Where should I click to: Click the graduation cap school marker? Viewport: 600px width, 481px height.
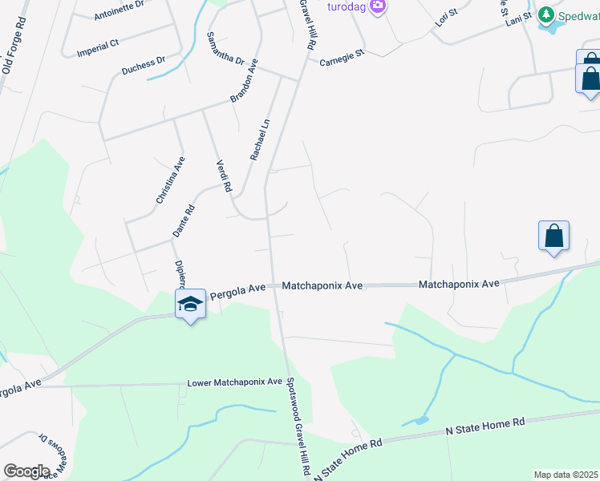pyautogui.click(x=191, y=305)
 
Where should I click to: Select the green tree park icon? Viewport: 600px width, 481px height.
pyautogui.click(x=546, y=14)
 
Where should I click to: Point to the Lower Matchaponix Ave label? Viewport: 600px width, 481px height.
pyautogui.click(x=235, y=382)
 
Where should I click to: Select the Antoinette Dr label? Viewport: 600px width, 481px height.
pyautogui.click(x=119, y=10)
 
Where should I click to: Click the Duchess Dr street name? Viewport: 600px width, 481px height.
pyautogui.click(x=144, y=64)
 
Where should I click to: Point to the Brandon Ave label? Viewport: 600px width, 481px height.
pyautogui.click(x=244, y=79)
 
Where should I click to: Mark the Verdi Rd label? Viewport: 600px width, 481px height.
pyautogui.click(x=224, y=176)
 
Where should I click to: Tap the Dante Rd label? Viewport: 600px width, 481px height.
pyautogui.click(x=184, y=221)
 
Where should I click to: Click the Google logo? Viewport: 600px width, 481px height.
pyautogui.click(x=26, y=471)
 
